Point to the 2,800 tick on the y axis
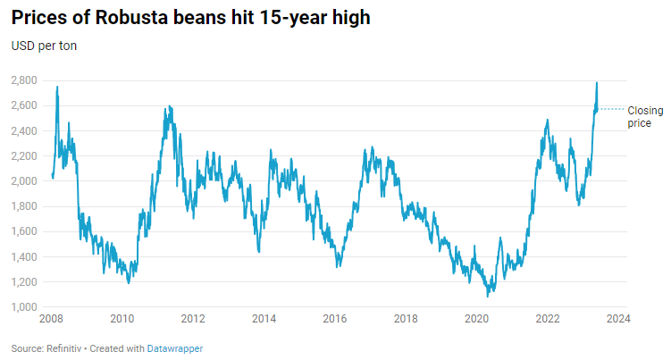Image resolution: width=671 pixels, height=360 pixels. click(24, 80)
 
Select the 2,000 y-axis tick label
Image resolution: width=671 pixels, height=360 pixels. click(24, 181)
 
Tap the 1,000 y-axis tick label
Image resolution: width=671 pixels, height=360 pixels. click(24, 307)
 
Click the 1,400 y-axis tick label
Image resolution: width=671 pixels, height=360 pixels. click(24, 257)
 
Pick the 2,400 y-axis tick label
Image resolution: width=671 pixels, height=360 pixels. click(24, 131)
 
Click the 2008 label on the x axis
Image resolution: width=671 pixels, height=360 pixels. click(51, 319)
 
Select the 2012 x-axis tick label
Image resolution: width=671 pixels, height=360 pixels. click(193, 319)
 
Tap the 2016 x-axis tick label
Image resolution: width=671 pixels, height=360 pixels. click(335, 319)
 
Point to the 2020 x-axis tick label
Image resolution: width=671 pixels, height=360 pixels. click(477, 319)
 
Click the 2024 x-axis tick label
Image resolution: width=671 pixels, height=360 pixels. click(618, 319)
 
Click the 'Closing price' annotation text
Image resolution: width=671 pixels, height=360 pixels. click(643, 116)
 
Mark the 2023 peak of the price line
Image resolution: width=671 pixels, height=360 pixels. click(596, 83)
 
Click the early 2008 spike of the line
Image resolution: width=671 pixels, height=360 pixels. click(57, 88)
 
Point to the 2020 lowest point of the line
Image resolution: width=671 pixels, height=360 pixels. click(488, 295)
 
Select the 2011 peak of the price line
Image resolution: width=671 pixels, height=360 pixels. click(169, 107)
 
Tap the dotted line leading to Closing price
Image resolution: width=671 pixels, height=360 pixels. click(612, 109)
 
